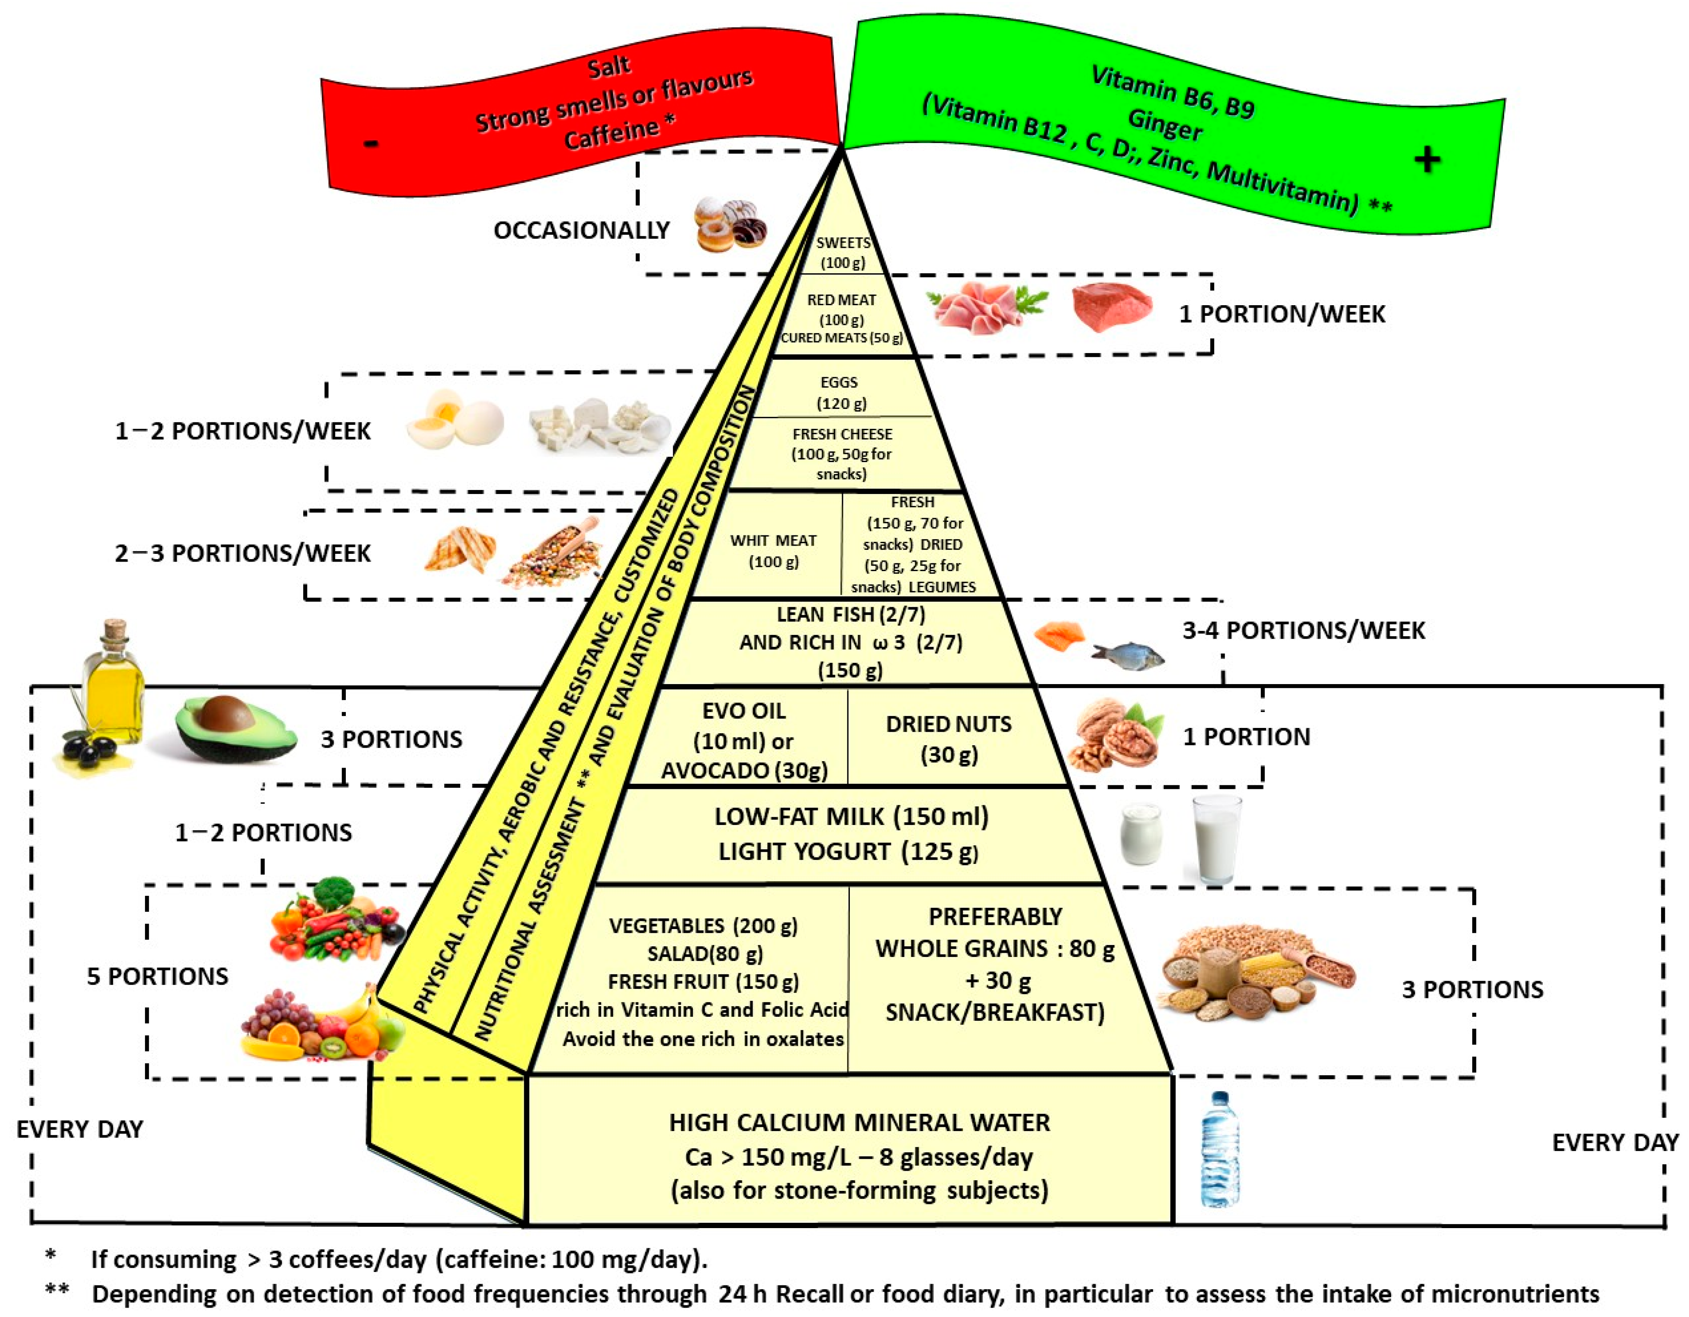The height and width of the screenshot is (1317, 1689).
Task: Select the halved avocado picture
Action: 234,727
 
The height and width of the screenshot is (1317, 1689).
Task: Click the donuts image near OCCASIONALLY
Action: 729,224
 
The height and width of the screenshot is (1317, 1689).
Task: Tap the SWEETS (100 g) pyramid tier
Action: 843,252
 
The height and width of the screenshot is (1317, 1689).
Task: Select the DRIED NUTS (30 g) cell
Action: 948,739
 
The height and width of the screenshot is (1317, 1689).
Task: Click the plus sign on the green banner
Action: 1427,160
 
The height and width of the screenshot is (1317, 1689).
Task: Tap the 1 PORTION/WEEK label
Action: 1281,314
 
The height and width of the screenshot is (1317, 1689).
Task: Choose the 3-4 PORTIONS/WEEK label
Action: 1303,630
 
